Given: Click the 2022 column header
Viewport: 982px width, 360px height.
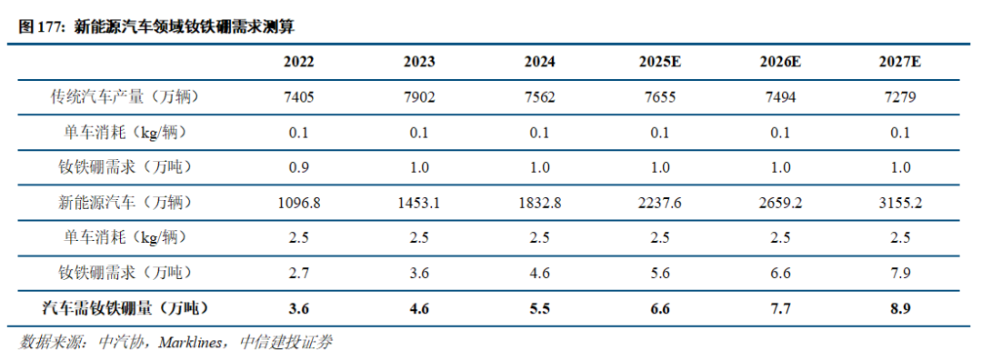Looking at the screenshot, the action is [x=299, y=62].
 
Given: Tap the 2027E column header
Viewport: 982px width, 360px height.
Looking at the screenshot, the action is [x=900, y=62].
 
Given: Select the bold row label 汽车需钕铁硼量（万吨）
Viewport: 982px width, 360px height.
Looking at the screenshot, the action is [x=125, y=307].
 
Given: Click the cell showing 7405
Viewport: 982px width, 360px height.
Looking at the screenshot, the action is [x=299, y=97].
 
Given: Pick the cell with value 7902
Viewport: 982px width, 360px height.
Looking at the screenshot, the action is [x=419, y=97].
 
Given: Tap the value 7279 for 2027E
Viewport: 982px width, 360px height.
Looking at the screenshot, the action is [x=900, y=97].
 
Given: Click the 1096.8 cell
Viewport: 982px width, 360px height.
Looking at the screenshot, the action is [x=299, y=202].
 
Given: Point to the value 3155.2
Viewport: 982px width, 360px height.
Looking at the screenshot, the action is [x=900, y=202].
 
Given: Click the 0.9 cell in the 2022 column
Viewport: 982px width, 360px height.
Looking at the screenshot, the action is [x=299, y=168].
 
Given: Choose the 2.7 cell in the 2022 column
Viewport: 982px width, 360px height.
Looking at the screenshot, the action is [x=299, y=273].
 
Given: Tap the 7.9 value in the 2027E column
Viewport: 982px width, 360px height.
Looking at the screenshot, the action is [x=900, y=273].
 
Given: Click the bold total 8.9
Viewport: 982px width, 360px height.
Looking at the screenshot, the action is [x=900, y=307].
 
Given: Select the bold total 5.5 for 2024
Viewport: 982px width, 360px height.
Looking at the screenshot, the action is [x=539, y=307].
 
